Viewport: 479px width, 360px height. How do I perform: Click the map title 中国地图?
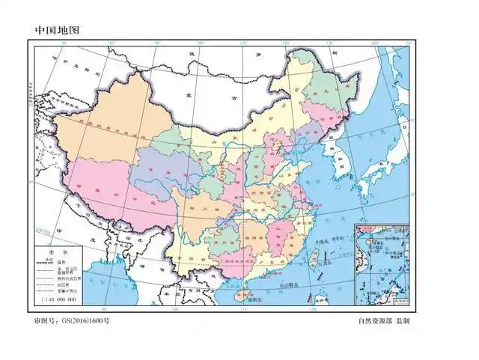point(57,31)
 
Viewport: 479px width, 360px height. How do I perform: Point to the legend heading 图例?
point(59,254)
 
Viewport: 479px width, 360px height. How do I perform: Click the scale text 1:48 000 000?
point(55,299)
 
